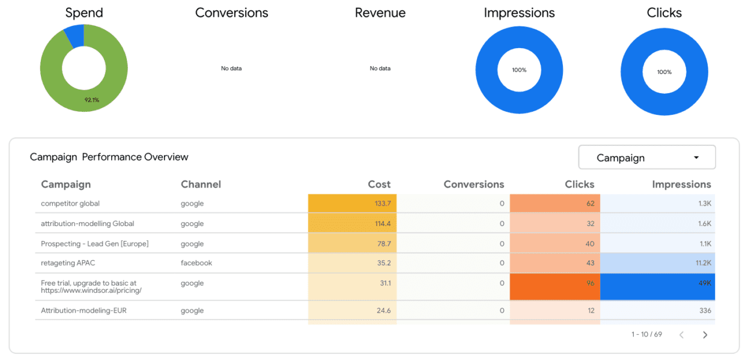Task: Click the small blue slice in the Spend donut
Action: (74, 36)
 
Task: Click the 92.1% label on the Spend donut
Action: (91, 100)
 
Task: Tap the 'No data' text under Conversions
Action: (231, 69)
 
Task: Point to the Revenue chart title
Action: (380, 13)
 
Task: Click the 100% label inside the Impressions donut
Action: (519, 70)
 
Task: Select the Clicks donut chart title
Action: (664, 13)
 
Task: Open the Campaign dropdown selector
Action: (646, 157)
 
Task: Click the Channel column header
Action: (201, 185)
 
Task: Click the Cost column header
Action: (379, 185)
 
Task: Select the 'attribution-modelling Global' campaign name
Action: (87, 224)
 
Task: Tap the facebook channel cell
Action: (196, 263)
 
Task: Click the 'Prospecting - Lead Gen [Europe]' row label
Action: (94, 243)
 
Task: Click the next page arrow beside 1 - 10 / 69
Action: (705, 335)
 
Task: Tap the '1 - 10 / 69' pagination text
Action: (646, 334)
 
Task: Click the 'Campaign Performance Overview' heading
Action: (109, 157)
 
